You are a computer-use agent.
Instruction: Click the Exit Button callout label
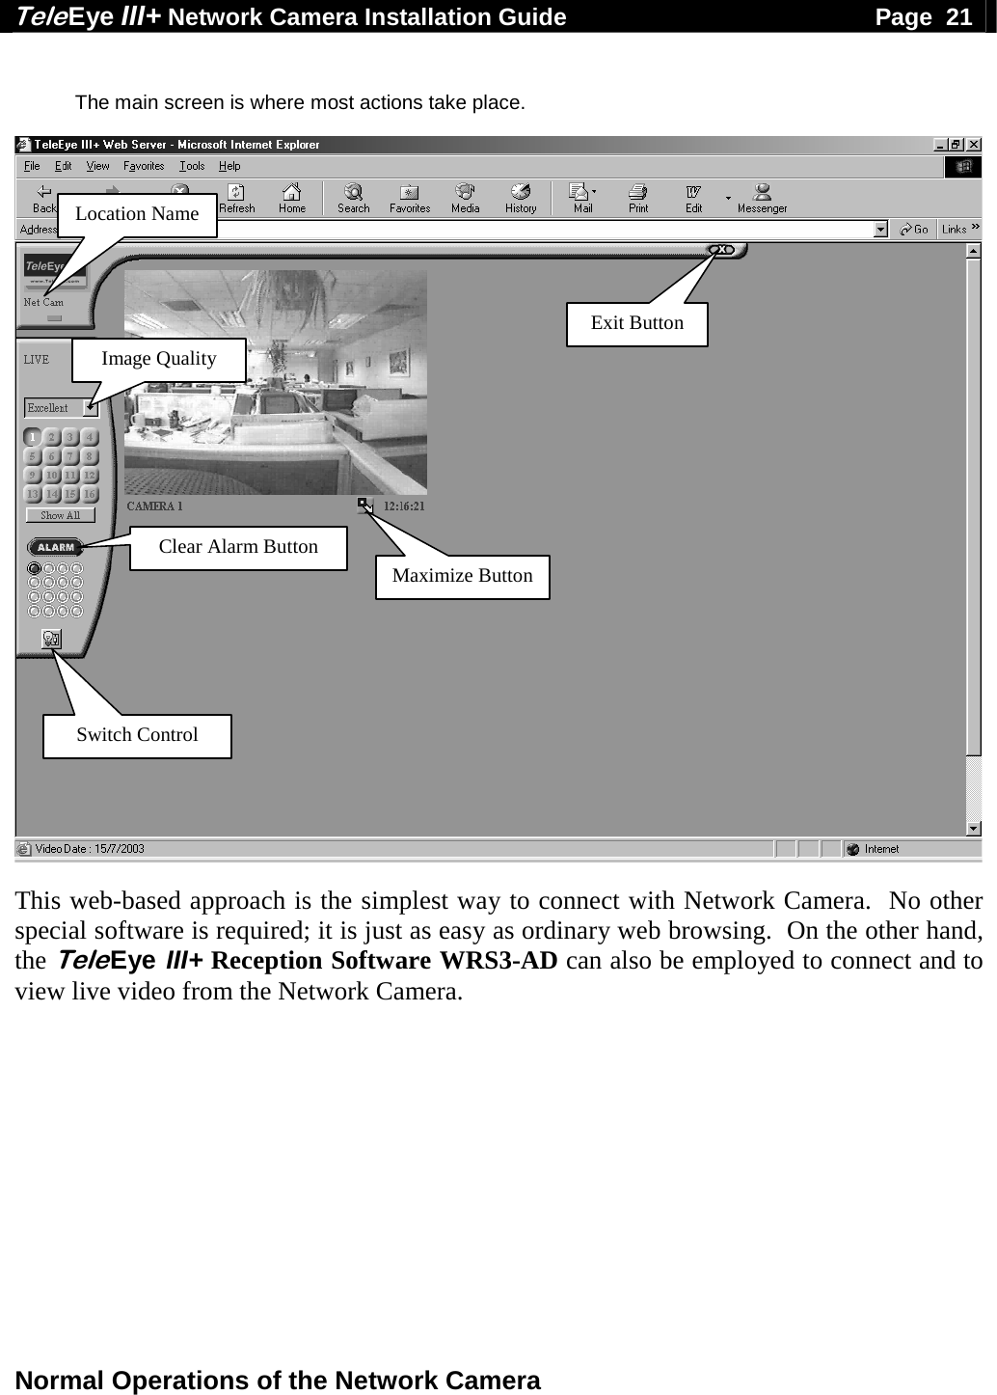[x=636, y=323]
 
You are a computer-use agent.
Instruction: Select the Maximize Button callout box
[x=462, y=576]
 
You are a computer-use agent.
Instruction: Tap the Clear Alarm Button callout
[x=238, y=547]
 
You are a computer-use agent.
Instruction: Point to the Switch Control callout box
[x=137, y=735]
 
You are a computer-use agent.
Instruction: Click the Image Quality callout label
[x=159, y=359]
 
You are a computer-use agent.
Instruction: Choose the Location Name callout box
[x=137, y=214]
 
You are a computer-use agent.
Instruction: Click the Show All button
[x=60, y=515]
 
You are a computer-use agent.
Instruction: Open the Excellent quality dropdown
[x=61, y=408]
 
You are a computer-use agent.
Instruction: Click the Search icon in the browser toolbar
[x=354, y=198]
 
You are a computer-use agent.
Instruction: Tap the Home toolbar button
[x=291, y=198]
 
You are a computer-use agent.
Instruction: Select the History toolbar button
[x=521, y=198]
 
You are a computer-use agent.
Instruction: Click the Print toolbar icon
[x=638, y=198]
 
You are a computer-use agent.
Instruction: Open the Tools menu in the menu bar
[x=192, y=166]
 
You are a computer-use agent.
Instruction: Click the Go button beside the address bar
[x=913, y=229]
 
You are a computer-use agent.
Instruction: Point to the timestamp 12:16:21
[x=404, y=506]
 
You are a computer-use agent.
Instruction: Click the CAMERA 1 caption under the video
[x=154, y=506]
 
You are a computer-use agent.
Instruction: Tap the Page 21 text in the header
[x=923, y=16]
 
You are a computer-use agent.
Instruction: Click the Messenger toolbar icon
[x=762, y=198]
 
